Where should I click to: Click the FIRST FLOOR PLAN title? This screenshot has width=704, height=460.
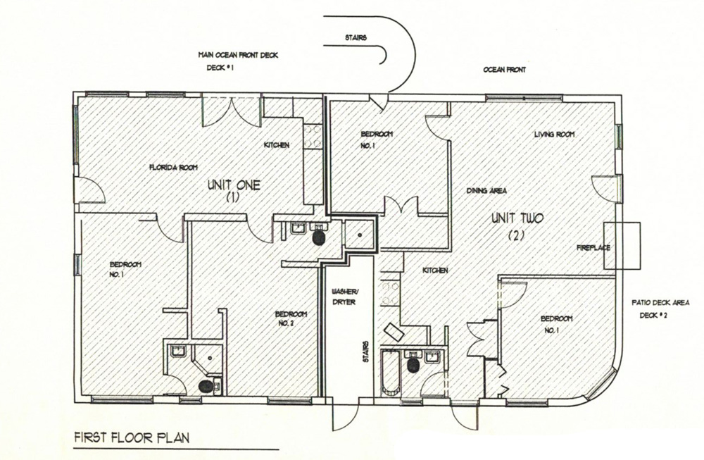click(x=131, y=438)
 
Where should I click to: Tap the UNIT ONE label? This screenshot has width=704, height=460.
click(x=234, y=187)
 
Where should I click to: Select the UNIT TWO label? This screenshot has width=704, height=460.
click(x=517, y=219)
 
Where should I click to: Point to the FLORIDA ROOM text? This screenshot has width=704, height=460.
click(x=172, y=168)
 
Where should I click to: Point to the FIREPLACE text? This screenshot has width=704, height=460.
click(x=592, y=248)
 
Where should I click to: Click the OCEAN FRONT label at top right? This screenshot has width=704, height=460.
click(x=504, y=70)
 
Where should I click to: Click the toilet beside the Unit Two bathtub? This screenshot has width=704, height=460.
click(x=413, y=365)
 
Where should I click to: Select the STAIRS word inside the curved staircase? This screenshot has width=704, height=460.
click(x=356, y=38)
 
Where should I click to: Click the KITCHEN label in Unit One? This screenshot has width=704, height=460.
click(x=276, y=145)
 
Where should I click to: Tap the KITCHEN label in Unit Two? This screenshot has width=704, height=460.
click(x=435, y=271)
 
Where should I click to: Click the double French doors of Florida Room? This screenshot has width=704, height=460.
click(x=232, y=111)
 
